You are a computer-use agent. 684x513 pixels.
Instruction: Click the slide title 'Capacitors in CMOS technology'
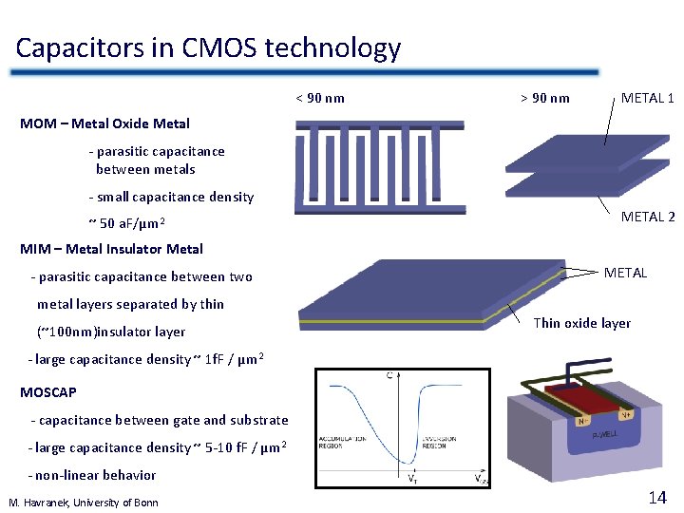(x=208, y=47)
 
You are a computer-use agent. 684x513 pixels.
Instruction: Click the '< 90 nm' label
(x=320, y=98)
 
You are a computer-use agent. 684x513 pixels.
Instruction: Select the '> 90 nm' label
(x=545, y=98)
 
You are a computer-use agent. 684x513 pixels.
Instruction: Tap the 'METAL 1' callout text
(x=647, y=98)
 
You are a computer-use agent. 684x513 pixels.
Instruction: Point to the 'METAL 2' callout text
(x=648, y=217)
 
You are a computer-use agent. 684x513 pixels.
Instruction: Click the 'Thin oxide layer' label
(x=581, y=323)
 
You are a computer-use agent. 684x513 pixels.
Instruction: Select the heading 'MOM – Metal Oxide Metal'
(x=104, y=123)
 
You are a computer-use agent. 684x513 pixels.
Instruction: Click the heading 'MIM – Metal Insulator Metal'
(x=111, y=249)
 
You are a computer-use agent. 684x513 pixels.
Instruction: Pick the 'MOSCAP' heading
(x=48, y=391)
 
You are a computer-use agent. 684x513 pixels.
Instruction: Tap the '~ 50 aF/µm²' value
(x=127, y=224)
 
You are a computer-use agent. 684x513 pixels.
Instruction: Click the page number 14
(x=656, y=497)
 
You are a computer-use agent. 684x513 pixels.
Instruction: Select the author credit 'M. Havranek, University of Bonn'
(x=84, y=502)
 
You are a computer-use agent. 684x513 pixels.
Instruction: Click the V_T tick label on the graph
(x=411, y=478)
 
